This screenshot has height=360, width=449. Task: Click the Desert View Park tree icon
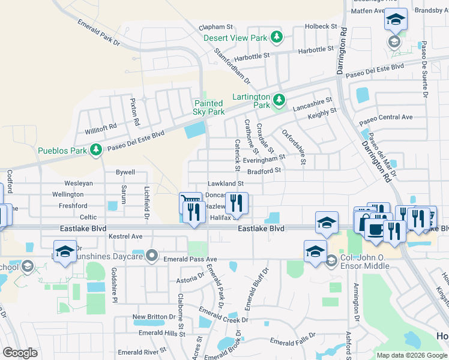pyautogui.click(x=276, y=38)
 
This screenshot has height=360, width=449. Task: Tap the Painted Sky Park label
pyautogui.click(x=209, y=107)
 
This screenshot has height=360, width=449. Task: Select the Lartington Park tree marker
pyautogui.click(x=278, y=99)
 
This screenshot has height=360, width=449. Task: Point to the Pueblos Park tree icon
pyautogui.click(x=95, y=149)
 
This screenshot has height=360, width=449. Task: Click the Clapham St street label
pyautogui.click(x=216, y=27)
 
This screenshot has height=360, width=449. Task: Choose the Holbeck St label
pyautogui.click(x=321, y=26)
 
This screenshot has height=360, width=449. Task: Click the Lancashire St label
pyautogui.click(x=312, y=104)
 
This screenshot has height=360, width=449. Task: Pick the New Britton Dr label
pyautogui.click(x=155, y=317)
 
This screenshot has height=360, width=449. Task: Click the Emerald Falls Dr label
pyautogui.click(x=292, y=340)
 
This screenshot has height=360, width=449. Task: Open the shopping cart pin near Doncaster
pyautogui.click(x=190, y=202)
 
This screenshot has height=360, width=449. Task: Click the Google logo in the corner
pyautogui.click(x=20, y=352)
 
